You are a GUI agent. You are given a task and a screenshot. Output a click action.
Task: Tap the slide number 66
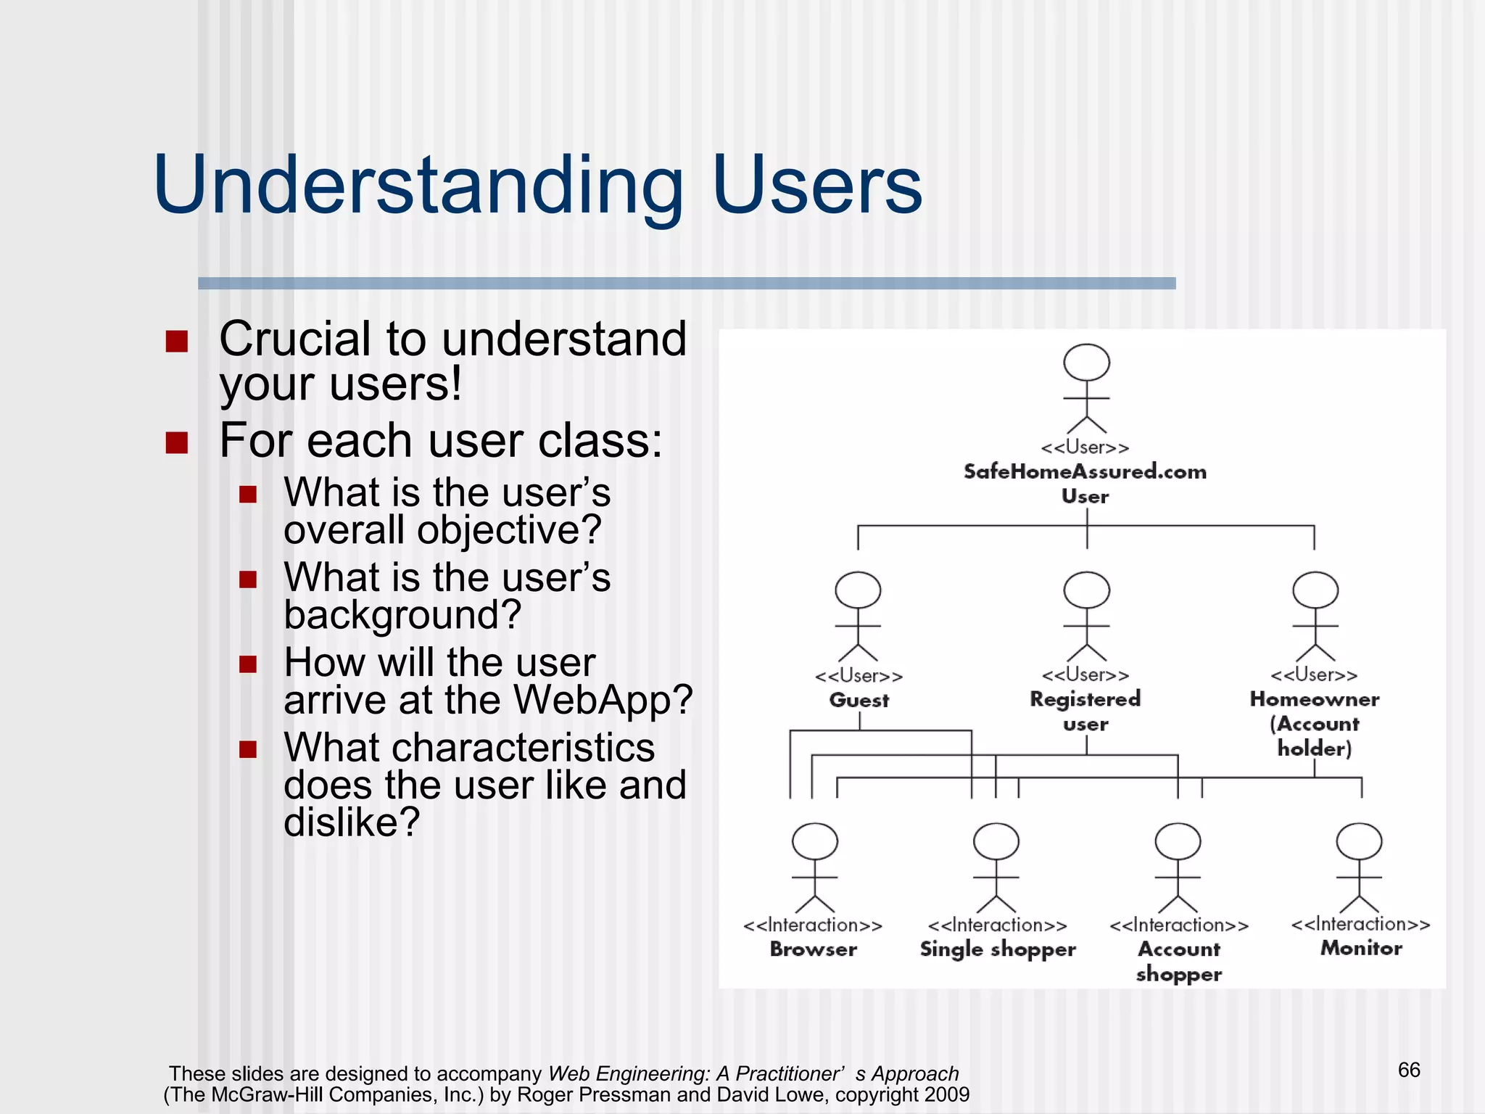pos(1409,1070)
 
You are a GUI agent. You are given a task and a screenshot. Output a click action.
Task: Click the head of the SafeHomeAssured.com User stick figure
pos(1086,362)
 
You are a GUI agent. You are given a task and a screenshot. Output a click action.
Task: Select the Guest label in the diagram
pos(859,700)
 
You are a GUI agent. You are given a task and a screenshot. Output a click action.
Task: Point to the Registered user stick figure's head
pos(1086,590)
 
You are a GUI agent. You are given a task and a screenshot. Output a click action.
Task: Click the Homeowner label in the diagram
pos(1314,699)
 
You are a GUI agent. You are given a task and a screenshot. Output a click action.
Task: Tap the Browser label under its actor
pos(813,949)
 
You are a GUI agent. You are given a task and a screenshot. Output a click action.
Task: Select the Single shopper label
pos(997,949)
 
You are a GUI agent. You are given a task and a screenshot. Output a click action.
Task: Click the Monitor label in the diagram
pos(1361,948)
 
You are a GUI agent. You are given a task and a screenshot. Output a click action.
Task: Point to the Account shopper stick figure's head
pos(1178,841)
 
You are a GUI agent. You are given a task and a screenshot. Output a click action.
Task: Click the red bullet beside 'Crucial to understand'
pos(176,341)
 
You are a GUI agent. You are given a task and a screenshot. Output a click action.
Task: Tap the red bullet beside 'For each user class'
pos(176,442)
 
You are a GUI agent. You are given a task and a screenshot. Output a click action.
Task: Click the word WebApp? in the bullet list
pos(603,700)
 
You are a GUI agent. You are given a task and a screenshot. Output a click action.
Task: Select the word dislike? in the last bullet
pos(352,822)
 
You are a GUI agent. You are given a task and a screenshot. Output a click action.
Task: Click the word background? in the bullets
pos(402,615)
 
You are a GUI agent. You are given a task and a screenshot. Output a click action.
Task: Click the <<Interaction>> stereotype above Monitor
pos(1360,924)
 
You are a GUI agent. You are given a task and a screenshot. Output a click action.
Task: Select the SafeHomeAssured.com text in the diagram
pos(1085,471)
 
